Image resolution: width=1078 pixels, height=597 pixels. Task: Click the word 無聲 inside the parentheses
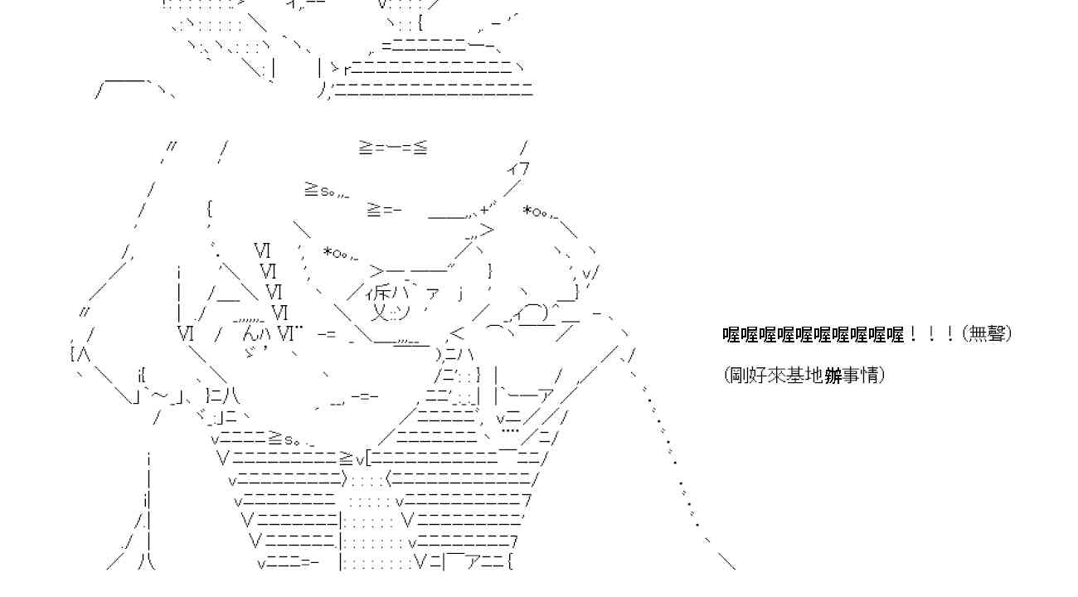tap(987, 334)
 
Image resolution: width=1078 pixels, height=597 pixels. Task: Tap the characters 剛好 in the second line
tap(748, 376)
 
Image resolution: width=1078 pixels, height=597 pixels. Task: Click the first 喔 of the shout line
tap(731, 334)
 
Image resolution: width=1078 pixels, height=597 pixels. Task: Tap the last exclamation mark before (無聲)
tap(950, 334)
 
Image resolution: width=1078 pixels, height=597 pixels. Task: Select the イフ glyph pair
tap(518, 168)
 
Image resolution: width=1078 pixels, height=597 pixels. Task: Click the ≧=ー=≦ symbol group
tap(393, 148)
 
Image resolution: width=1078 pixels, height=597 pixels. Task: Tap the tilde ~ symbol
tap(160, 395)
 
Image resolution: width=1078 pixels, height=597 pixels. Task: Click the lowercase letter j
tap(460, 292)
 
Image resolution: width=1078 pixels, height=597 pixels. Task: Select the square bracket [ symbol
tap(368, 458)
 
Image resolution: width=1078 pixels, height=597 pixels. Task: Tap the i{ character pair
tap(141, 374)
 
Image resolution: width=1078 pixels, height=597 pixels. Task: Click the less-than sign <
tap(457, 332)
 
